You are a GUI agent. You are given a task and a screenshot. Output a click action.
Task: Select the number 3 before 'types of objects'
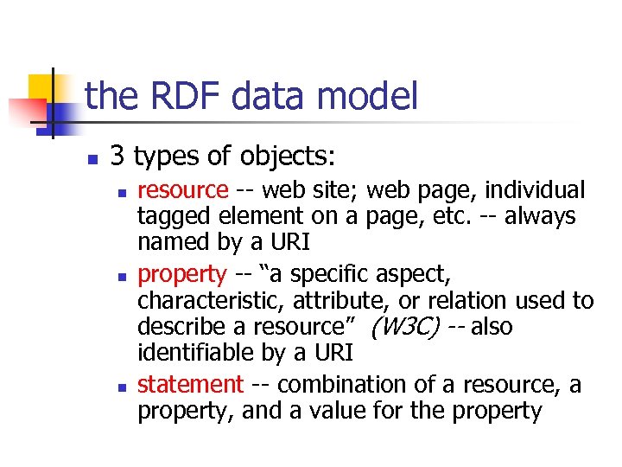pos(118,156)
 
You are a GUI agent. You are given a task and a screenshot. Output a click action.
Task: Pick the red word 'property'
pos(182,274)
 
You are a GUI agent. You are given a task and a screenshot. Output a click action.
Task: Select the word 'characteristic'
pos(211,301)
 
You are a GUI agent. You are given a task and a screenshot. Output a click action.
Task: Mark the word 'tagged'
pos(176,216)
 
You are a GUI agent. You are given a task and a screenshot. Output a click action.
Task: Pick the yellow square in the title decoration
pos(43,88)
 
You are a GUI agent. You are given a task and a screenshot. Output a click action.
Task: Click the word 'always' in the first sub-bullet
pos(537,216)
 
